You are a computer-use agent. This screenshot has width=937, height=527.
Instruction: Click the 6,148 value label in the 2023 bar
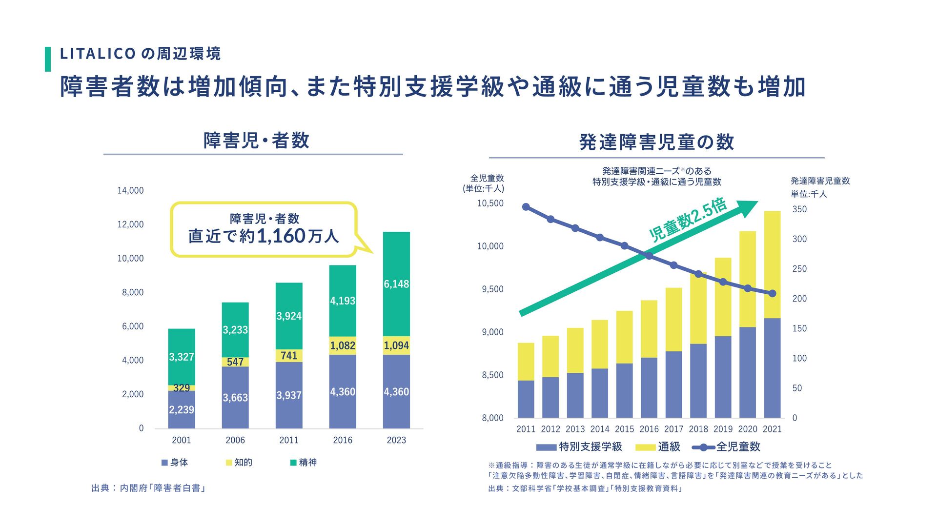tap(396, 284)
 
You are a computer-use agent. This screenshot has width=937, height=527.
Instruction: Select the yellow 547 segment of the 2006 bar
tap(235, 362)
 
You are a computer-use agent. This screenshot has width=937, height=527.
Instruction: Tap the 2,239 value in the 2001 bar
tap(182, 410)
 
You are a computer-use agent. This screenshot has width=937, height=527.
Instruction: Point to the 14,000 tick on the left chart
tap(130, 190)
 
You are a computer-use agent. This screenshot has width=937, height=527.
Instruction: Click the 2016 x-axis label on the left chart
tap(343, 440)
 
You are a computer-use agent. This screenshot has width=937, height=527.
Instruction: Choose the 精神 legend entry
tap(303, 463)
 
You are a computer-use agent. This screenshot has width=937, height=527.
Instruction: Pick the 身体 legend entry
tap(174, 463)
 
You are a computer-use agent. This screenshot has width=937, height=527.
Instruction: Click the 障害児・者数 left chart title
tap(256, 141)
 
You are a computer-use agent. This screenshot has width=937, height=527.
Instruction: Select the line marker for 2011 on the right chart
tap(526, 207)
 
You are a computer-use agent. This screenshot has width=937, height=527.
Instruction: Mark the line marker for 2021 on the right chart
tap(772, 294)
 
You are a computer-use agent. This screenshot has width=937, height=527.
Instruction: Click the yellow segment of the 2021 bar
tap(772, 263)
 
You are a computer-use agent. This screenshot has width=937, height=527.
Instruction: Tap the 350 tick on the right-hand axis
tap(799, 209)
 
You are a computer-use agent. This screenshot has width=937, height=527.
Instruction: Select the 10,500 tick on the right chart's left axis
tap(490, 203)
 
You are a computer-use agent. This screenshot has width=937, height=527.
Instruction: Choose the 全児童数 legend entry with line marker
tap(727, 447)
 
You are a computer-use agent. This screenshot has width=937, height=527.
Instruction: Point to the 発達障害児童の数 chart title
tap(656, 142)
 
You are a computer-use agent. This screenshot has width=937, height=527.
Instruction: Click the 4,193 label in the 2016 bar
tap(343, 301)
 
